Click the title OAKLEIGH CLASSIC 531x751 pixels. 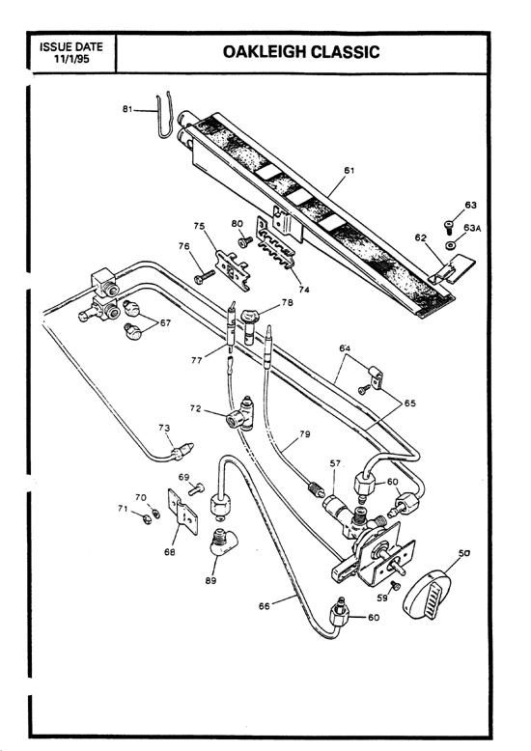click(x=300, y=52)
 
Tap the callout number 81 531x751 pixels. click(x=127, y=110)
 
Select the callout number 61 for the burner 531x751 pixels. click(x=349, y=170)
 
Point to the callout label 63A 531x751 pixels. click(x=471, y=228)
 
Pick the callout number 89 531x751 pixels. click(x=210, y=581)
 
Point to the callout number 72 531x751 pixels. click(x=197, y=410)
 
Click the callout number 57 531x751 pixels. click(x=335, y=464)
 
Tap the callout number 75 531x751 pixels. click(x=199, y=226)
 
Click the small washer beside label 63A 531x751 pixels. click(x=451, y=245)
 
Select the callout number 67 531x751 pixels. click(x=165, y=322)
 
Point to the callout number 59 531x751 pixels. click(x=383, y=598)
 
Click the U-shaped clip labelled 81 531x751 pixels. click(x=166, y=115)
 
